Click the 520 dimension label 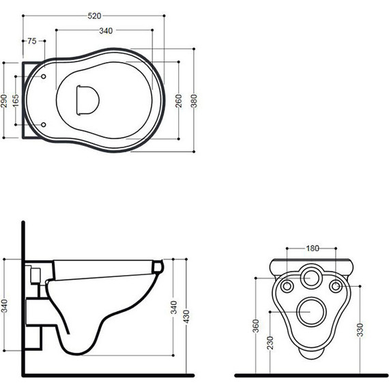coord(95,16)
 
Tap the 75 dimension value coord(32,41)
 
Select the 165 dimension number coord(16,100)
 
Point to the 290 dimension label coord(4,100)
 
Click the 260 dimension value coord(179,101)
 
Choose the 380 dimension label coord(194,101)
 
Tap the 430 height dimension coord(186,316)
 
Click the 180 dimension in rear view coord(313,248)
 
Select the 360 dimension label coord(255,326)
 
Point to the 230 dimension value coord(270,343)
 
